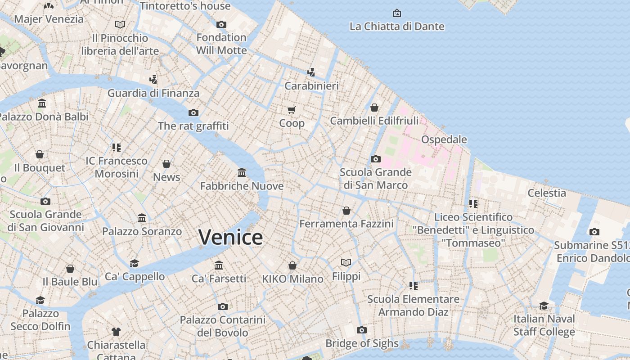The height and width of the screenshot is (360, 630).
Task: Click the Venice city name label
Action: click(230, 237)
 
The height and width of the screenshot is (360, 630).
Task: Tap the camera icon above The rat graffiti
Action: click(193, 112)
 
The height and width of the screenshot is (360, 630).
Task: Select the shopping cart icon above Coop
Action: click(292, 110)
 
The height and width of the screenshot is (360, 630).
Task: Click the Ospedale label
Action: click(444, 139)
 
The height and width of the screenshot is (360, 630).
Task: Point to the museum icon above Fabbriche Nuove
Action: click(242, 173)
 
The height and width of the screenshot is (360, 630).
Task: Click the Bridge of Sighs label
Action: click(362, 344)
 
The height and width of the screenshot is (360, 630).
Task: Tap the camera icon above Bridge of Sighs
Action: click(361, 330)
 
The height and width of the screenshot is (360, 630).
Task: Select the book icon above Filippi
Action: click(346, 262)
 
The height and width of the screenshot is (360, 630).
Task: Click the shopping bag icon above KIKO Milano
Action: click(292, 265)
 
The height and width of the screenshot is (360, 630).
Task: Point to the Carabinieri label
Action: click(311, 85)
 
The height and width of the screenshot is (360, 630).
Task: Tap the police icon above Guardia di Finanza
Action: click(153, 80)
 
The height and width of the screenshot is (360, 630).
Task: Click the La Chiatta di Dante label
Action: click(397, 27)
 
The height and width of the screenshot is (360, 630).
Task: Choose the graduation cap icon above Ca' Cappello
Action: click(134, 263)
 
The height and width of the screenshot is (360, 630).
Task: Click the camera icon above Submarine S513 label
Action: click(594, 232)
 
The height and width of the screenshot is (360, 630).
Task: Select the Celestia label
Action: click(546, 193)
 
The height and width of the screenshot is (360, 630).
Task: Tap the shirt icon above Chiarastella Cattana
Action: click(116, 332)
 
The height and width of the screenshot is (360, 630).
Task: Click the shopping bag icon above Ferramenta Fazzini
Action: click(346, 211)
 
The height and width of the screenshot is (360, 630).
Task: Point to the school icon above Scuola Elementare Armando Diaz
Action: click(413, 285)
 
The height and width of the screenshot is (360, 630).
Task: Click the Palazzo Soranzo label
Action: click(142, 231)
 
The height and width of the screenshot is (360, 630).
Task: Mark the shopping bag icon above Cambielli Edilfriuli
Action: click(374, 108)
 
